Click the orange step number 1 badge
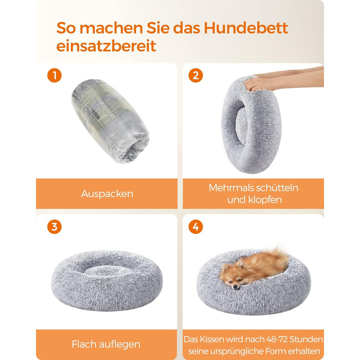pyautogui.click(x=55, y=75)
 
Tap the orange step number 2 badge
pyautogui.click(x=195, y=75)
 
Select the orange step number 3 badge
pyautogui.click(x=55, y=227)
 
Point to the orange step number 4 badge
pyautogui.click(x=195, y=227)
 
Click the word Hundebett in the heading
pyautogui.click(x=246, y=28)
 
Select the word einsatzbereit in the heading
pyautogui.click(x=106, y=46)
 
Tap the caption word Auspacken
pyautogui.click(x=107, y=194)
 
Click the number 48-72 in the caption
pyautogui.click(x=277, y=339)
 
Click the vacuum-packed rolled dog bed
pyautogui.click(x=110, y=120)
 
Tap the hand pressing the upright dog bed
pyautogui.click(x=259, y=84)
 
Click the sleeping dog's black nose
pyautogui.click(x=235, y=286)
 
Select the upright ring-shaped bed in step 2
pyautogui.click(x=251, y=124)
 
